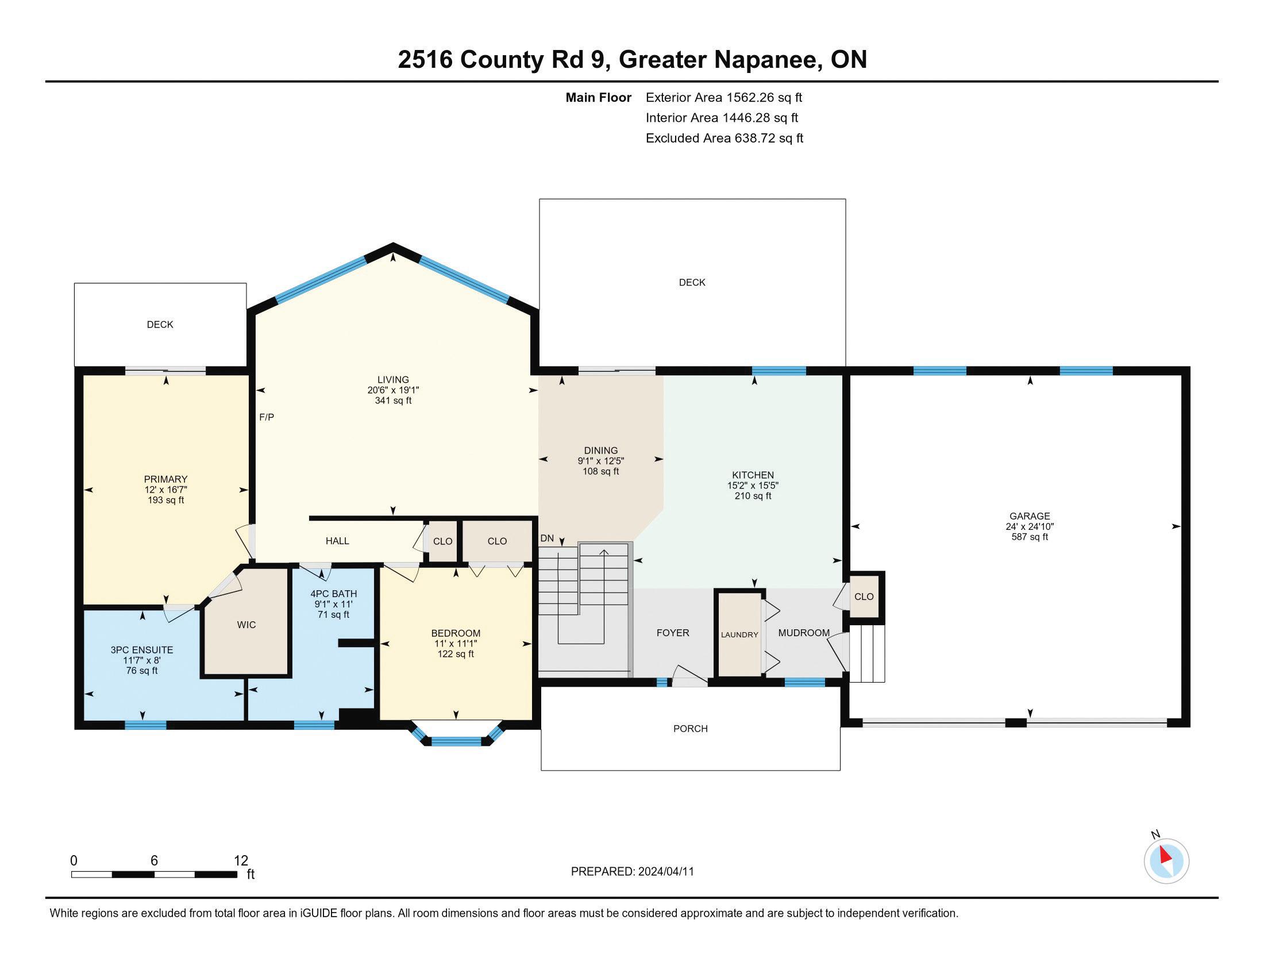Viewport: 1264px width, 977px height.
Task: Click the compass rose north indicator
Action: pos(1166,861)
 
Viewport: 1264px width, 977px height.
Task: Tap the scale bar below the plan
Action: pos(155,875)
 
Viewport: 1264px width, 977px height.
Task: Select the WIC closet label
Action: pos(246,625)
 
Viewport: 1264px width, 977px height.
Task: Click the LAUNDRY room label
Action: pos(739,634)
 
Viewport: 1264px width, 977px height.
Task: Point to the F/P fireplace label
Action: pos(266,417)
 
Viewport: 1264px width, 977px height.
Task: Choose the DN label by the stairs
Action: pos(547,538)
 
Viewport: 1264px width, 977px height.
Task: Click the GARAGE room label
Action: pos(1030,516)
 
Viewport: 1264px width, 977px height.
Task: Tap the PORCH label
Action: pos(691,728)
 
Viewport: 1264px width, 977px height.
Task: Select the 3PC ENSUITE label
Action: pos(142,650)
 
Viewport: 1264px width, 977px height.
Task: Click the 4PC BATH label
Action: pos(333,593)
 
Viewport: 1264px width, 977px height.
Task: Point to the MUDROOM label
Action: pos(804,633)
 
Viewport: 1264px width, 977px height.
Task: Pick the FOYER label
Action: pos(673,633)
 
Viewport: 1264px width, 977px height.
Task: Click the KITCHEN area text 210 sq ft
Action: pos(753,495)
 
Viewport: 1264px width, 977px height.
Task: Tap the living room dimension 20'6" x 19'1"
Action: pos(393,390)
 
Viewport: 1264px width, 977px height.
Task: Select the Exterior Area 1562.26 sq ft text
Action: pos(724,97)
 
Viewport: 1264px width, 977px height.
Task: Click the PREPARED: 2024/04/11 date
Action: pos(632,871)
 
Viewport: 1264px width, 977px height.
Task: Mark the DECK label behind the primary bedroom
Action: pos(160,324)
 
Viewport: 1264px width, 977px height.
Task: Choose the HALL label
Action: pos(337,541)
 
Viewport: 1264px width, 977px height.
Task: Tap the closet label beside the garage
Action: pos(864,596)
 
